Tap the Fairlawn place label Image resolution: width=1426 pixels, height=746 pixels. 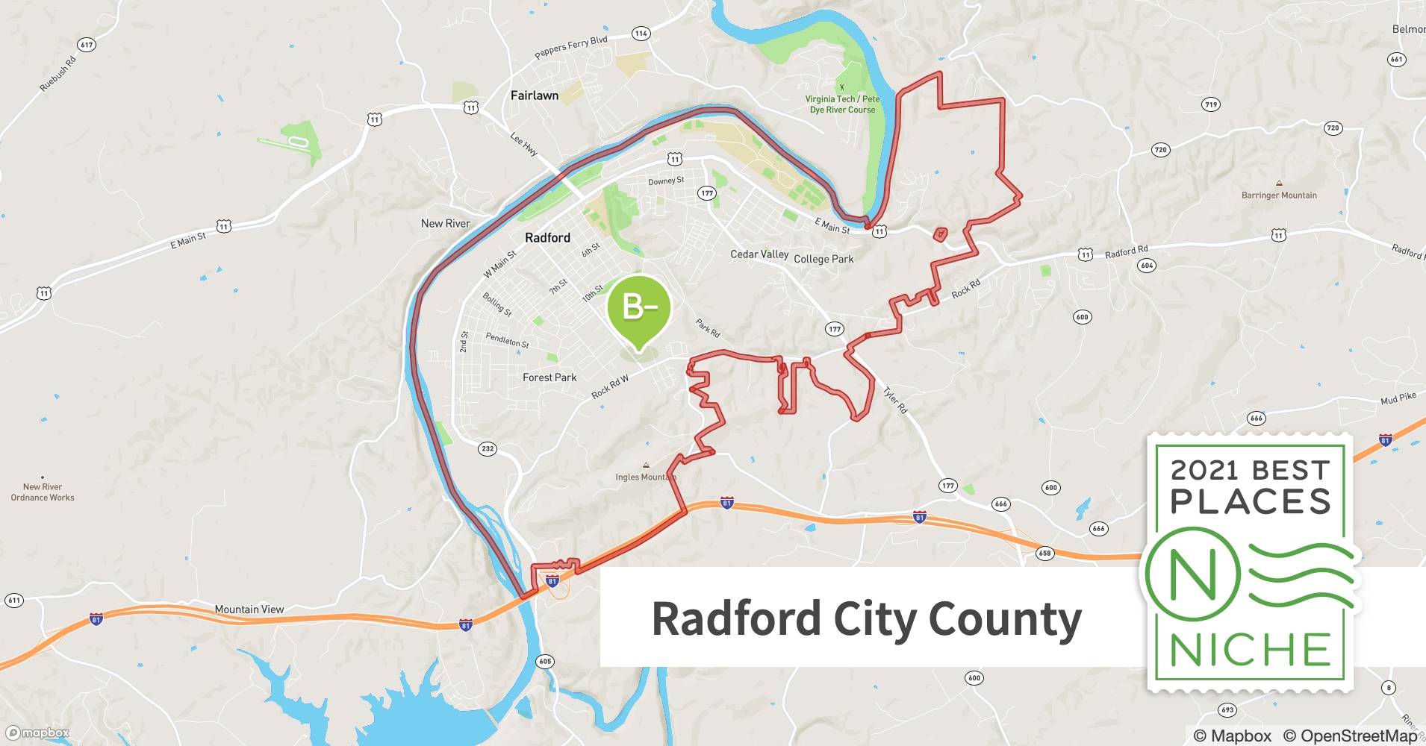[535, 95]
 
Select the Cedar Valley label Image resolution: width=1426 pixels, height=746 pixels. [759, 254]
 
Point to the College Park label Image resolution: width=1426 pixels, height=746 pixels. [823, 259]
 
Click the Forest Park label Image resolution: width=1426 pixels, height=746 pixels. [549, 377]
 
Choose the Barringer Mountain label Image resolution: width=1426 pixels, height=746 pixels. [1279, 195]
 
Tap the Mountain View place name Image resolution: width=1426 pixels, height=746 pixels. [249, 609]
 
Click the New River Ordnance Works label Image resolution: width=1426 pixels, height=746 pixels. [43, 492]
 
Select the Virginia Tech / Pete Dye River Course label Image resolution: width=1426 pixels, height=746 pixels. [842, 104]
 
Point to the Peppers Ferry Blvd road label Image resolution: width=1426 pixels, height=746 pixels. [571, 48]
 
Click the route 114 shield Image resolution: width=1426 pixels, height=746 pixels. [641, 34]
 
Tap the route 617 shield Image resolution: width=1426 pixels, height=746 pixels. [87, 45]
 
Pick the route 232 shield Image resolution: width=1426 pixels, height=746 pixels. [488, 448]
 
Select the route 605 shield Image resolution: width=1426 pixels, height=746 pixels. [545, 662]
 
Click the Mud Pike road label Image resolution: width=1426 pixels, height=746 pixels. [1398, 398]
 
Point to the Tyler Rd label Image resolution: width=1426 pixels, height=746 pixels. [894, 401]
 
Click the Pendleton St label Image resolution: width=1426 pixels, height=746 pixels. [507, 340]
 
